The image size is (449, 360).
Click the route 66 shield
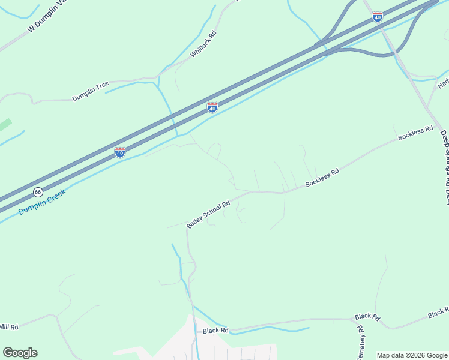point(38,192)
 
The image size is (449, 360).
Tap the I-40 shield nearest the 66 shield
point(120,152)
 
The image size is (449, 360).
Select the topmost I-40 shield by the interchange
point(377,17)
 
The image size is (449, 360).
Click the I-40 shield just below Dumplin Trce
point(212,107)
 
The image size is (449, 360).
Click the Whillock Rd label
point(203,44)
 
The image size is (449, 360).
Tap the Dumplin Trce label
point(93,90)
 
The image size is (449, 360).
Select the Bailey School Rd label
point(208,214)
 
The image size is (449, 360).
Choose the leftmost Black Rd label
point(215,331)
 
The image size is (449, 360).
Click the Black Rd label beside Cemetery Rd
point(367,316)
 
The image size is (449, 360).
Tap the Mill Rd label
point(9,326)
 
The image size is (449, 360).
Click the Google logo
point(20,353)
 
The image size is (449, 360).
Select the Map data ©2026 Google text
point(412,355)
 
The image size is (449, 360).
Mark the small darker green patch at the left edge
point(5,124)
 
